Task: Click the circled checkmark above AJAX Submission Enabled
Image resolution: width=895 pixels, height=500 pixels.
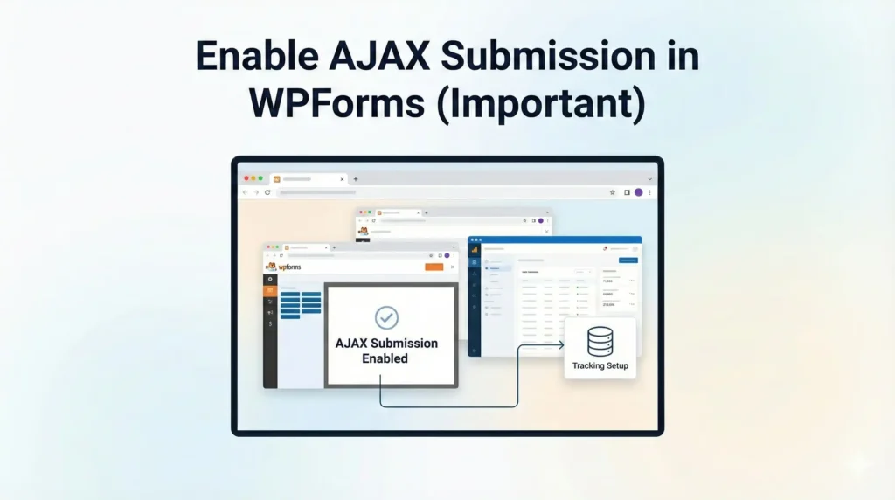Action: [x=386, y=317]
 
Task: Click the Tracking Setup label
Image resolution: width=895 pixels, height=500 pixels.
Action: [x=600, y=365]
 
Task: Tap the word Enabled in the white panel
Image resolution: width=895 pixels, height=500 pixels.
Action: [x=385, y=358]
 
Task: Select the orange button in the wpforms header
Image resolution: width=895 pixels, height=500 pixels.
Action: [x=434, y=267]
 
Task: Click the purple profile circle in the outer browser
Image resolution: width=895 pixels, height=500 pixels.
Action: [x=639, y=192]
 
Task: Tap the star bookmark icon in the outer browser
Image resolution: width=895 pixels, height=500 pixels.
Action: [x=614, y=192]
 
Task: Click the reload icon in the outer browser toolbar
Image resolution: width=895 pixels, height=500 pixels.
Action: [x=267, y=192]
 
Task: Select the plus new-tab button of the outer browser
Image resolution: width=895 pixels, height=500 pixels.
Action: [x=356, y=178]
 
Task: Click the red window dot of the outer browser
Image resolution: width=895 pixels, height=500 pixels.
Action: [x=247, y=178]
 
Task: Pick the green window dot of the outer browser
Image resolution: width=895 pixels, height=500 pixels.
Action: [x=260, y=178]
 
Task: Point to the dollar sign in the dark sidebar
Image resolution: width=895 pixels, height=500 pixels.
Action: [x=270, y=324]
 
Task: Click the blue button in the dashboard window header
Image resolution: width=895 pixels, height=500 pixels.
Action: [x=628, y=260]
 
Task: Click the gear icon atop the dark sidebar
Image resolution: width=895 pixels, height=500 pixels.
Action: [x=270, y=279]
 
